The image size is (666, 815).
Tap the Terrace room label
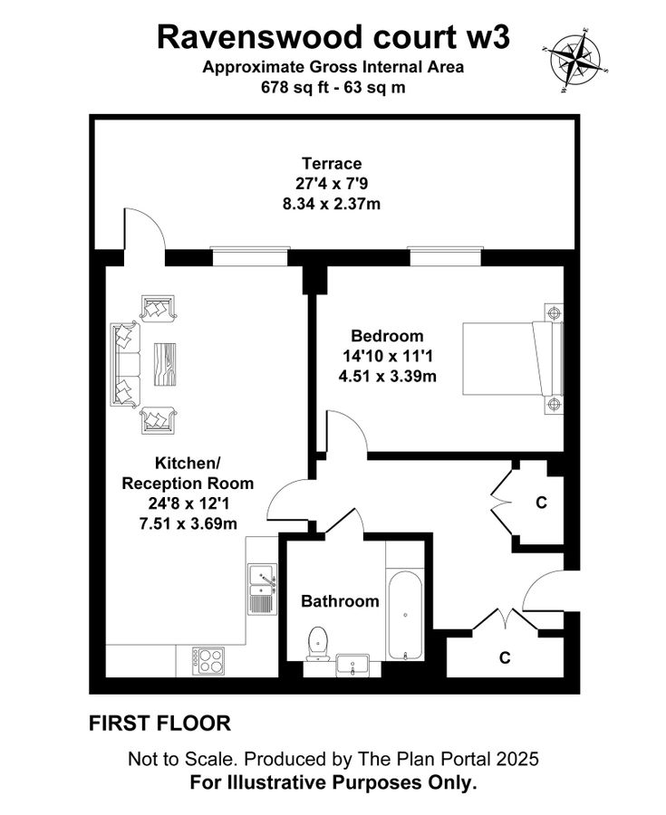[x=332, y=164]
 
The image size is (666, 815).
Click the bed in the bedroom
[x=512, y=358]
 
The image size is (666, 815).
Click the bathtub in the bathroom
[x=404, y=614]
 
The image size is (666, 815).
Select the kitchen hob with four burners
[x=208, y=659]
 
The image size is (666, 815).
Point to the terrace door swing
[x=143, y=231]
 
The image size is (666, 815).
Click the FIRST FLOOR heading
[x=159, y=724]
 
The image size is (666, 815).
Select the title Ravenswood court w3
[x=333, y=37]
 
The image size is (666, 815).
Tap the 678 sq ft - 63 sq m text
[x=333, y=89]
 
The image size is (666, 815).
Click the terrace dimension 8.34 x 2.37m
[x=332, y=204]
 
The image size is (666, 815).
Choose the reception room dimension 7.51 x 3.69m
[x=188, y=523]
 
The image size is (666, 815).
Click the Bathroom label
[x=340, y=600]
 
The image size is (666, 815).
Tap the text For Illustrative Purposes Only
[x=333, y=782]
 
